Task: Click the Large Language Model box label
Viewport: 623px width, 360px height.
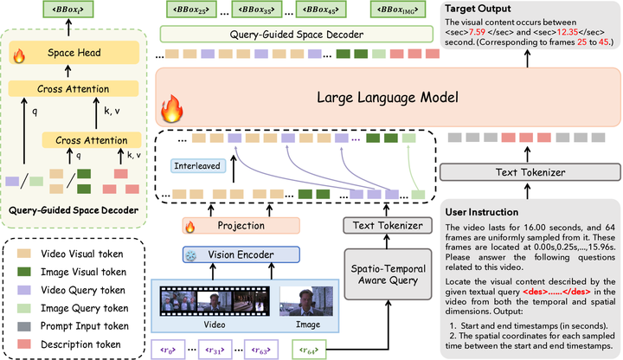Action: [x=388, y=98]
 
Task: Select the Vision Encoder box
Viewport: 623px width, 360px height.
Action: [x=241, y=254]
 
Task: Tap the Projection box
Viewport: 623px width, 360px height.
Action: [x=241, y=226]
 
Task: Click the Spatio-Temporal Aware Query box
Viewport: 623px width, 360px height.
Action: [x=388, y=274]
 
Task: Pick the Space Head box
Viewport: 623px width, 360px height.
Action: [x=74, y=53]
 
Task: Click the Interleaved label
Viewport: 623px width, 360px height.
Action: [x=197, y=165]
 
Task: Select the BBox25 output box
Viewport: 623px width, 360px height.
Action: [x=191, y=10]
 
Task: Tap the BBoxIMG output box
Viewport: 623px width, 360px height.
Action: [x=398, y=10]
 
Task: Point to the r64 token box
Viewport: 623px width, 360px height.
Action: [x=309, y=350]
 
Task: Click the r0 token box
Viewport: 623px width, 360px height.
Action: [x=168, y=350]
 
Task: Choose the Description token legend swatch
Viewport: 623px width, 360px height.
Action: [x=24, y=344]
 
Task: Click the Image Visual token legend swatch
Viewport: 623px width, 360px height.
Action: [x=24, y=272]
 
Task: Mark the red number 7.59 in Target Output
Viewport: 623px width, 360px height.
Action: [x=477, y=32]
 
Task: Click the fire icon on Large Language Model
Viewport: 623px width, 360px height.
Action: [x=172, y=108]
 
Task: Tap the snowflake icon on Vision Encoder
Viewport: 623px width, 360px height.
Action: [x=191, y=255]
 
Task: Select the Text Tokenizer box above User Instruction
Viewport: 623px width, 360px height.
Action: [x=530, y=172]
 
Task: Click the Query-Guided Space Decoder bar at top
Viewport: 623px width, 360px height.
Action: [x=297, y=35]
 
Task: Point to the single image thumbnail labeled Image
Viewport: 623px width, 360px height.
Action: [x=306, y=301]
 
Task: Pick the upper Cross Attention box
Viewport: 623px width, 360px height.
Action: [x=74, y=89]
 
